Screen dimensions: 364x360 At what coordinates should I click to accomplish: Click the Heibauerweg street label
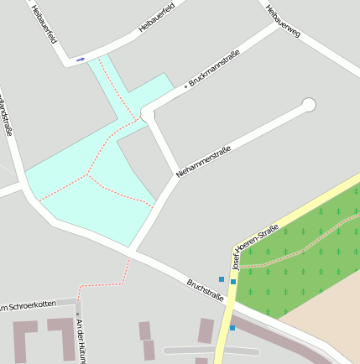[282, 23]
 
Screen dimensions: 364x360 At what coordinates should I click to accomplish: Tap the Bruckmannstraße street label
[215, 69]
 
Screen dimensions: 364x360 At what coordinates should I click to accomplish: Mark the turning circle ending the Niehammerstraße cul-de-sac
[309, 105]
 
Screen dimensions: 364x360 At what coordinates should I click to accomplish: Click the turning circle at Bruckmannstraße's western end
[148, 113]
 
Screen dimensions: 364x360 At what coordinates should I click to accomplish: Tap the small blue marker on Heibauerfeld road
[81, 60]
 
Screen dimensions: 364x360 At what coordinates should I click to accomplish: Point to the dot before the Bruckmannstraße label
[185, 86]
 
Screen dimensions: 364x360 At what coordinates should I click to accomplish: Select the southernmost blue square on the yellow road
[232, 327]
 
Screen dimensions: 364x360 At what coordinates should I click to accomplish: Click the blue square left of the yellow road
[222, 278]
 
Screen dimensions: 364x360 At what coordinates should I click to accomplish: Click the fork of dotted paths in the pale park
[87, 175]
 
